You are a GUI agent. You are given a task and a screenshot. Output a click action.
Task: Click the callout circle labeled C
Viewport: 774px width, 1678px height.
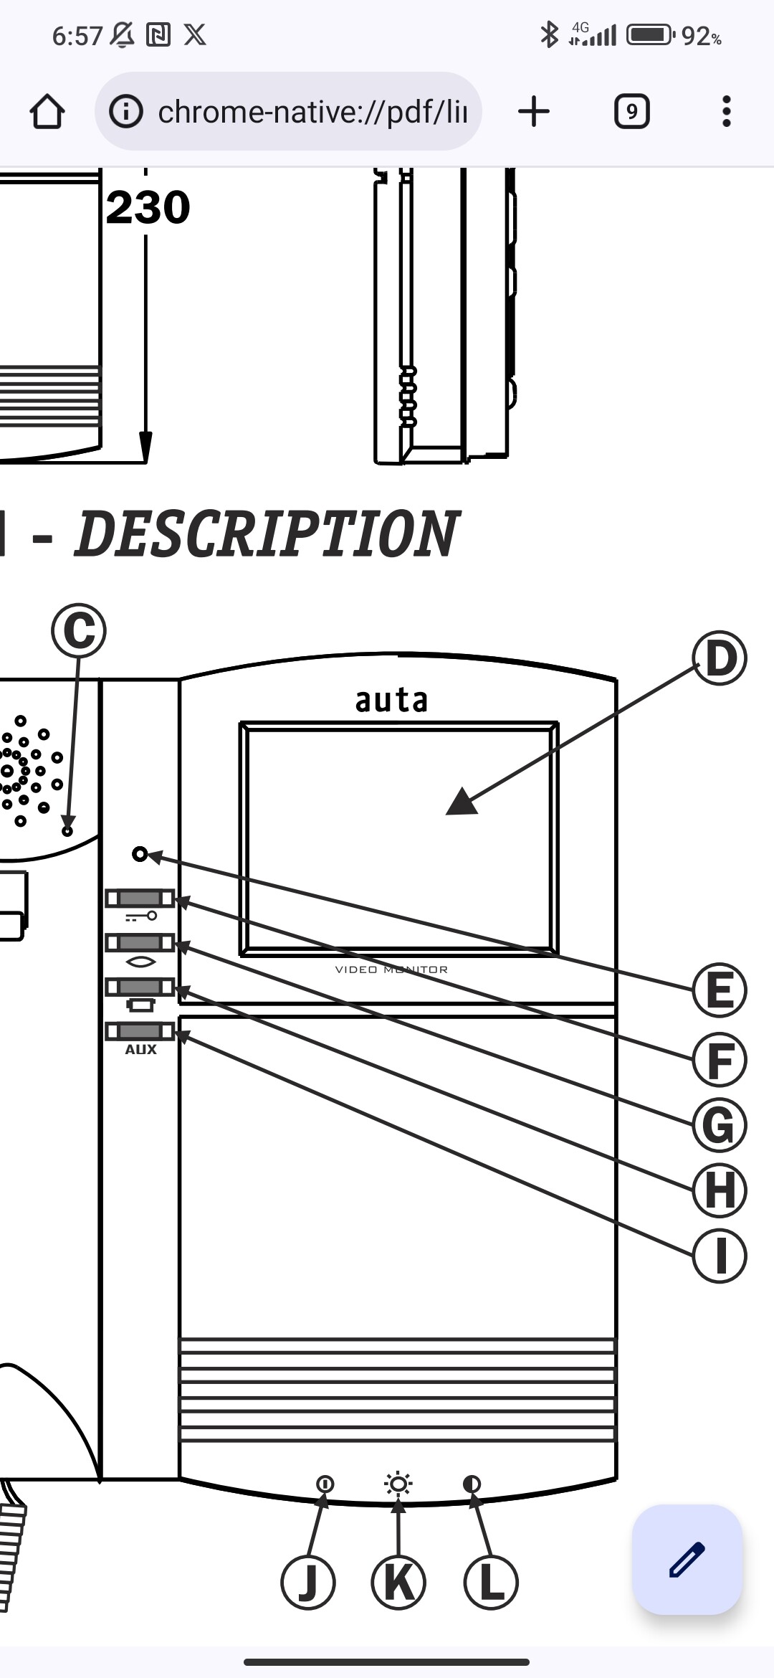pos(79,630)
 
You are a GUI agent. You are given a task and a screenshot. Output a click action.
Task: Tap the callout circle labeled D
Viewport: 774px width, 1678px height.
pos(720,658)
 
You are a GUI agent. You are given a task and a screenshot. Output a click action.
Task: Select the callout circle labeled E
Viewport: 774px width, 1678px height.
pos(720,990)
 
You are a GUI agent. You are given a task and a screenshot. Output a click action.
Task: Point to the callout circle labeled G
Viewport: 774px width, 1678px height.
pos(720,1124)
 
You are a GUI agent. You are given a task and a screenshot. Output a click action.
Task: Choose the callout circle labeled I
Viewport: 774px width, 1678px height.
pos(720,1256)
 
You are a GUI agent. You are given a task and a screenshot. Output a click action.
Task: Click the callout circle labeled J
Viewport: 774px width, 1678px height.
pos(308,1582)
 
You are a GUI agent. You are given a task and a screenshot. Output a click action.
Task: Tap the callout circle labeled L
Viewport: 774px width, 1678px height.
pos(491,1582)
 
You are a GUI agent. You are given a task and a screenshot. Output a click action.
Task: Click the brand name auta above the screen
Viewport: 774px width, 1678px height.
pos(391,701)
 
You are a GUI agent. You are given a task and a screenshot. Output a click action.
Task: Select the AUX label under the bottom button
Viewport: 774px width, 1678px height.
pos(140,1050)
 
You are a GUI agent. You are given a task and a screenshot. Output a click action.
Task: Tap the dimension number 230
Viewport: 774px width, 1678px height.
pos(148,208)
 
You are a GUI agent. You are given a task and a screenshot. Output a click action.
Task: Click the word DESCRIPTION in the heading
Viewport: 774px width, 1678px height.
pos(265,534)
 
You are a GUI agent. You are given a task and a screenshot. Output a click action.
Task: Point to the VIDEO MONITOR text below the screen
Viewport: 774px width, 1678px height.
pos(391,970)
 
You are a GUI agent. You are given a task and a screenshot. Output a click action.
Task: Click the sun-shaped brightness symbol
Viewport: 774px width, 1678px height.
pos(398,1484)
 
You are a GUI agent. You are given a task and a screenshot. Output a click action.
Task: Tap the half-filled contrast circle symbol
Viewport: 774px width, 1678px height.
pos(472,1484)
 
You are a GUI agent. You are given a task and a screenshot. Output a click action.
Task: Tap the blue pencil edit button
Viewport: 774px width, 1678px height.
pos(687,1560)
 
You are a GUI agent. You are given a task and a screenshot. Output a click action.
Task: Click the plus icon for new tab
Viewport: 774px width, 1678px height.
pos(533,112)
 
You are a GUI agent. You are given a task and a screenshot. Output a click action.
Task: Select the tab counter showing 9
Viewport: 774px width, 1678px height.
pos(631,112)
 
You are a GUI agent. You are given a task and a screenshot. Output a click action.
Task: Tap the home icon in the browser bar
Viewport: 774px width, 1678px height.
pos(47,112)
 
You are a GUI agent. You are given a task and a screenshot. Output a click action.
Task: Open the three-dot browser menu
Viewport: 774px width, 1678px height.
pos(726,112)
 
